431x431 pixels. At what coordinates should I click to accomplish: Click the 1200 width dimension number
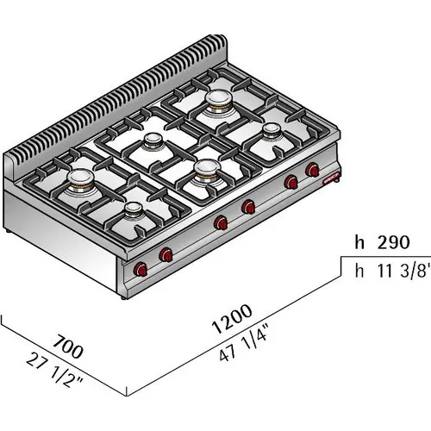point(232,319)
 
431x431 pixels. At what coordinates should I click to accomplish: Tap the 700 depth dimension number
point(68,347)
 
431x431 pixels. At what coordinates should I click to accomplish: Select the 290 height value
point(393,243)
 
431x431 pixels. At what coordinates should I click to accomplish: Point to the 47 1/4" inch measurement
point(244,343)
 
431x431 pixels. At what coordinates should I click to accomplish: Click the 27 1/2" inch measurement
point(54,371)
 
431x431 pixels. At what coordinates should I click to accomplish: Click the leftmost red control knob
point(141,269)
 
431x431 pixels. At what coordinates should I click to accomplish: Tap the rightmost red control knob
point(312,170)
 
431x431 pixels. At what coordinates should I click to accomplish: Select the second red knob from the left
point(166,254)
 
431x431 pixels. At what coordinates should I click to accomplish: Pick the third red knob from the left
point(221,222)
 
